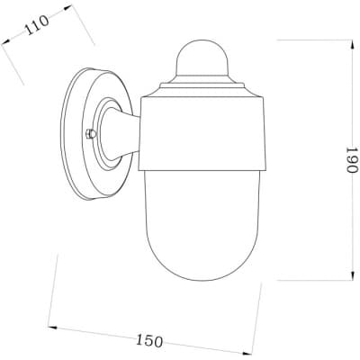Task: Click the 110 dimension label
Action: pos(37,25)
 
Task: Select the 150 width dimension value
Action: pos(149,340)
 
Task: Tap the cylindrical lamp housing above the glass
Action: pos(202,132)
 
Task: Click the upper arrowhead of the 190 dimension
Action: pos(352,44)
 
